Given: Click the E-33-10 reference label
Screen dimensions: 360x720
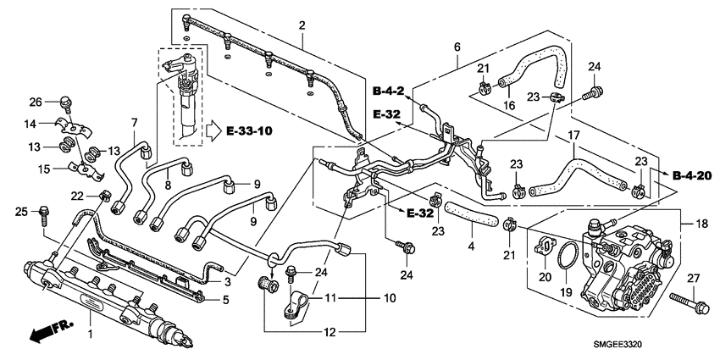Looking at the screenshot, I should (x=249, y=131).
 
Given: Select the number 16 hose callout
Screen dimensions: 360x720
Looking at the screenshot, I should (x=509, y=106).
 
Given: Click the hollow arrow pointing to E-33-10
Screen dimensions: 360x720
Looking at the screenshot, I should (x=210, y=131).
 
